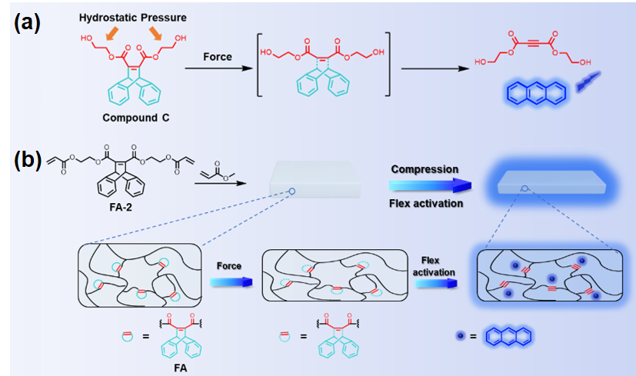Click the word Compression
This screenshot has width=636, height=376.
coord(424,168)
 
